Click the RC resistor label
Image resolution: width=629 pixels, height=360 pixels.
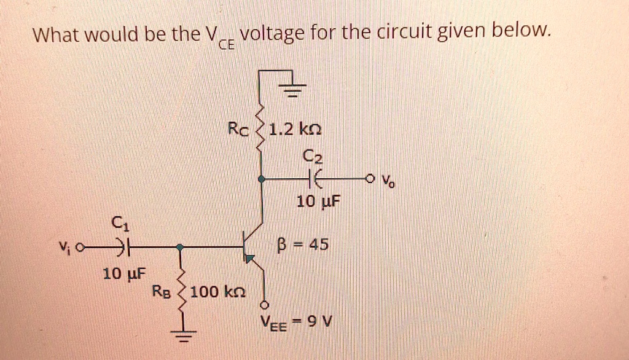coord(238,130)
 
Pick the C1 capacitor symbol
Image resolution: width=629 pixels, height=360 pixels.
coord(125,247)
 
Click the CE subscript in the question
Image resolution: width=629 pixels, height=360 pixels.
coord(227,44)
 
